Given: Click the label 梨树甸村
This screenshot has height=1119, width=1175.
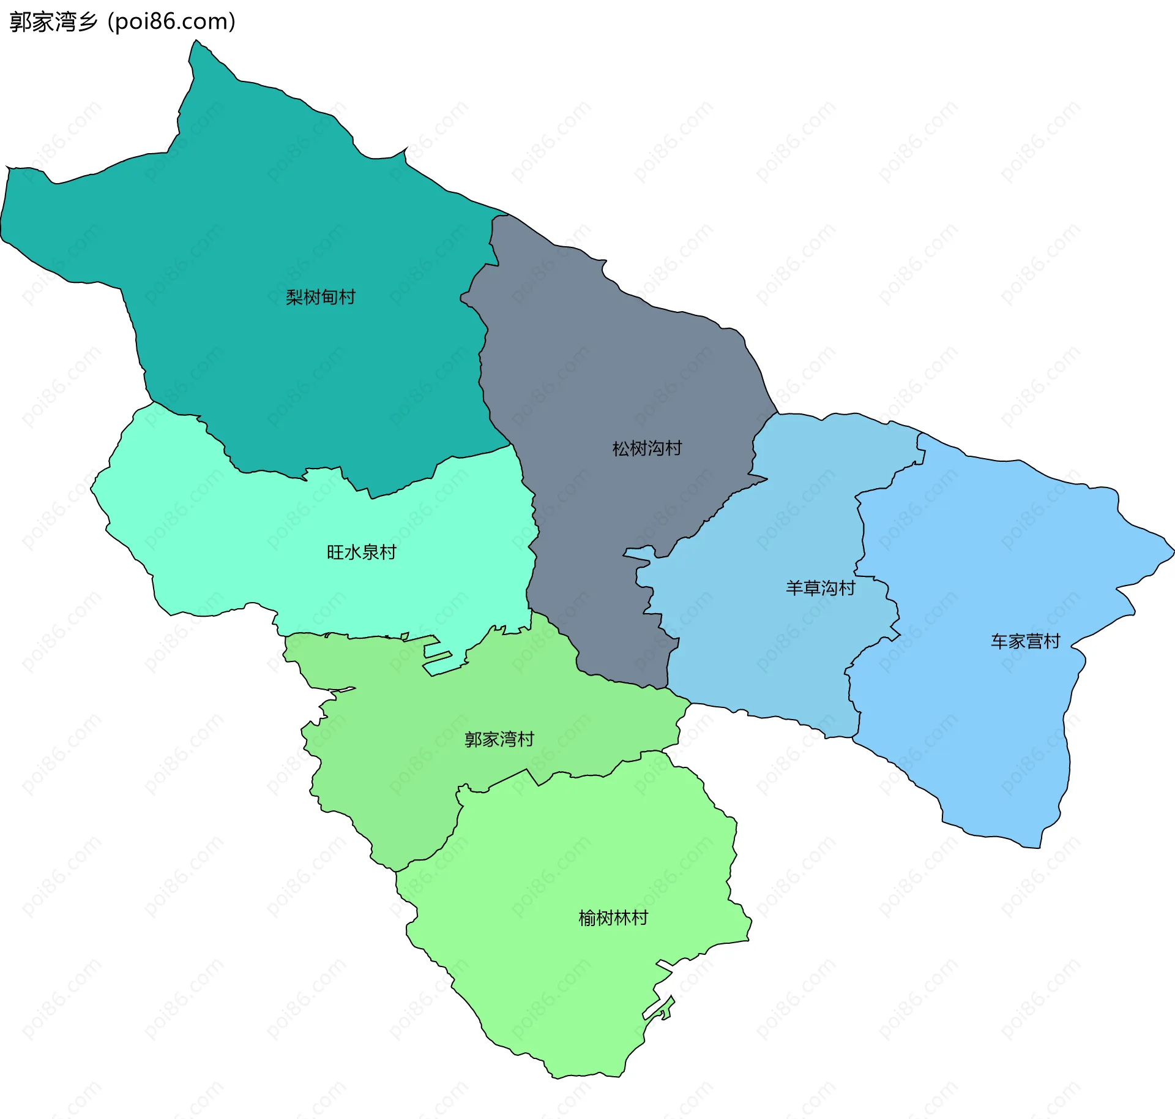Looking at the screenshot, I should point(321,298).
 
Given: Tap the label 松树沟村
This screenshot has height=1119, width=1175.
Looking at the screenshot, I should point(647,449).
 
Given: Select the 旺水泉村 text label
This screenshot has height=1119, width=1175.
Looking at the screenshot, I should point(361,552).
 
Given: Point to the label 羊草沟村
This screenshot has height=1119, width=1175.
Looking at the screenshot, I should point(820,589).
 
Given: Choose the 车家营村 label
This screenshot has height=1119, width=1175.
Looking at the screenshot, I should point(1025,642).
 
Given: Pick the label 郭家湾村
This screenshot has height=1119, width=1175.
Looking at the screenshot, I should point(499,740).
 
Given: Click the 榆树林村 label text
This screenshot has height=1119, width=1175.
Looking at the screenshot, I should point(613,918).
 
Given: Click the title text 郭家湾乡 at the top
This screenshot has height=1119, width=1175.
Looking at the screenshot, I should point(54,22).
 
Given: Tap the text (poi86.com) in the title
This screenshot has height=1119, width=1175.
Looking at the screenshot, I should point(171,22).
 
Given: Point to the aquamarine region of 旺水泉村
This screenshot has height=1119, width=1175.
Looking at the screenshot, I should point(245,539).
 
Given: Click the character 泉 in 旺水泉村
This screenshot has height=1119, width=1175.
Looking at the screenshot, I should point(370,552).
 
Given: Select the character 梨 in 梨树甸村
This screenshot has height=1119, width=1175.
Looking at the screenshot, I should point(294,298).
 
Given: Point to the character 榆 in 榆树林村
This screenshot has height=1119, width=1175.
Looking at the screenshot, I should point(587,918).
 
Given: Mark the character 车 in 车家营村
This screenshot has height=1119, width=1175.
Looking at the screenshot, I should point(999,642).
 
